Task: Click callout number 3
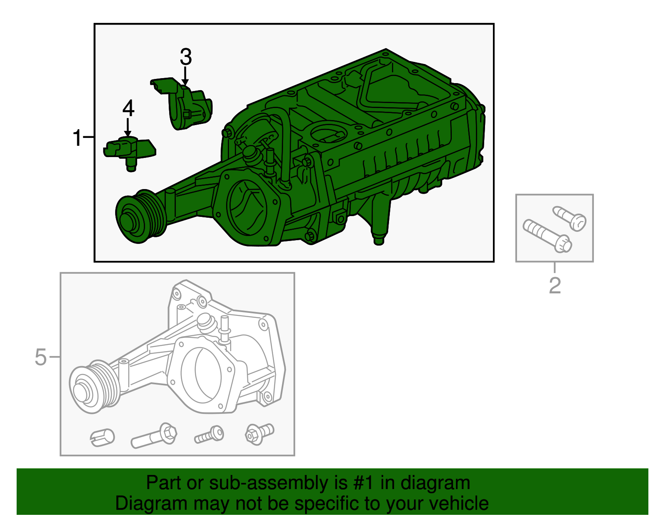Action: click(x=185, y=57)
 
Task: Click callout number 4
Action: click(x=128, y=108)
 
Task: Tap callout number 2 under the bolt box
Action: click(x=555, y=285)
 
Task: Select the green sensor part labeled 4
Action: click(x=129, y=150)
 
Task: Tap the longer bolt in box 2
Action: click(x=547, y=236)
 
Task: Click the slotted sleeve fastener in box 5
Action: click(x=102, y=437)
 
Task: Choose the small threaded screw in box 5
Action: click(x=209, y=435)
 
